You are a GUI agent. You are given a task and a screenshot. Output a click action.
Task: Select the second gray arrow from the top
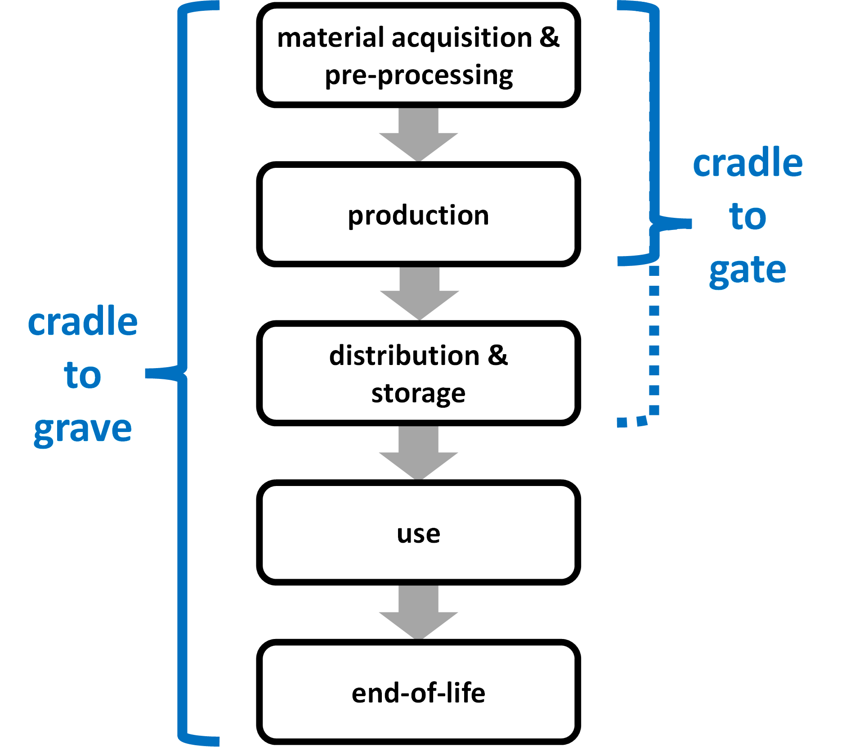click(x=420, y=293)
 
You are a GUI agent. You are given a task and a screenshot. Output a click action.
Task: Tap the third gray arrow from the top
click(x=419, y=452)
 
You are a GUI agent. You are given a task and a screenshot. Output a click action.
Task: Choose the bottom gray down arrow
click(x=419, y=612)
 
